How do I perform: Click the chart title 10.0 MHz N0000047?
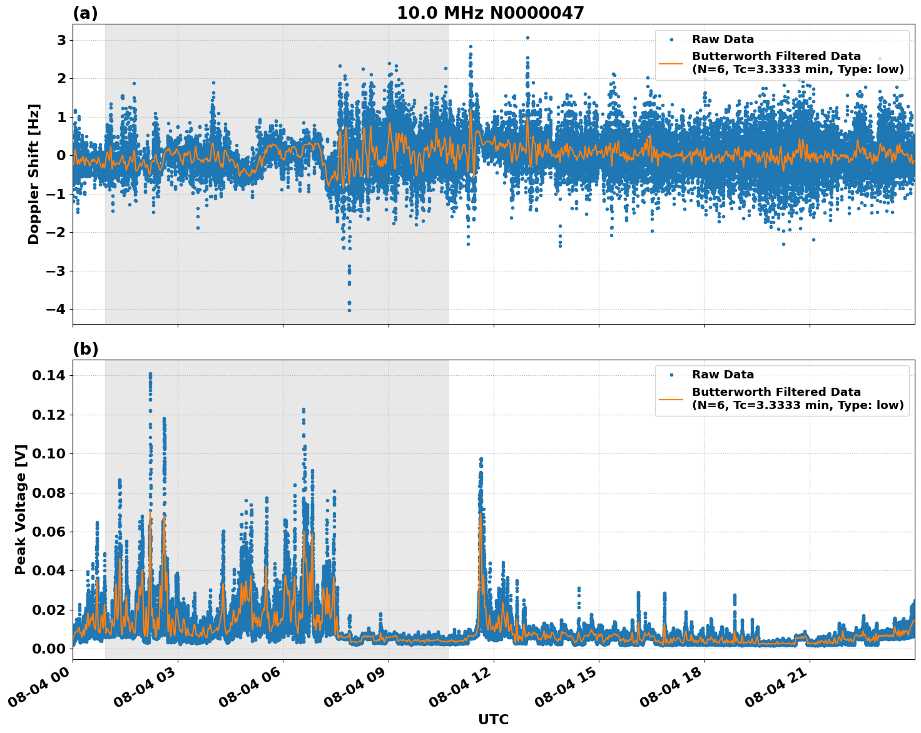[490, 13]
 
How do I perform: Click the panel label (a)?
[85, 13]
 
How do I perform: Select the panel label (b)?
[85, 349]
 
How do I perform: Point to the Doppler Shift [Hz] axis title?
[34, 174]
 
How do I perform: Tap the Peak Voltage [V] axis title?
[21, 510]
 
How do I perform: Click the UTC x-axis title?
[493, 720]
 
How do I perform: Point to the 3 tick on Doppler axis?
[61, 40]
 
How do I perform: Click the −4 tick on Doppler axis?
[57, 310]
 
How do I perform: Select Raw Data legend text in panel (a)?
[723, 39]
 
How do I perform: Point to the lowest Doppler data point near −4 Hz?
[349, 310]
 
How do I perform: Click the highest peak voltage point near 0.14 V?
[150, 374]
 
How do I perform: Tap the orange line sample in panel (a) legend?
[671, 63]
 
